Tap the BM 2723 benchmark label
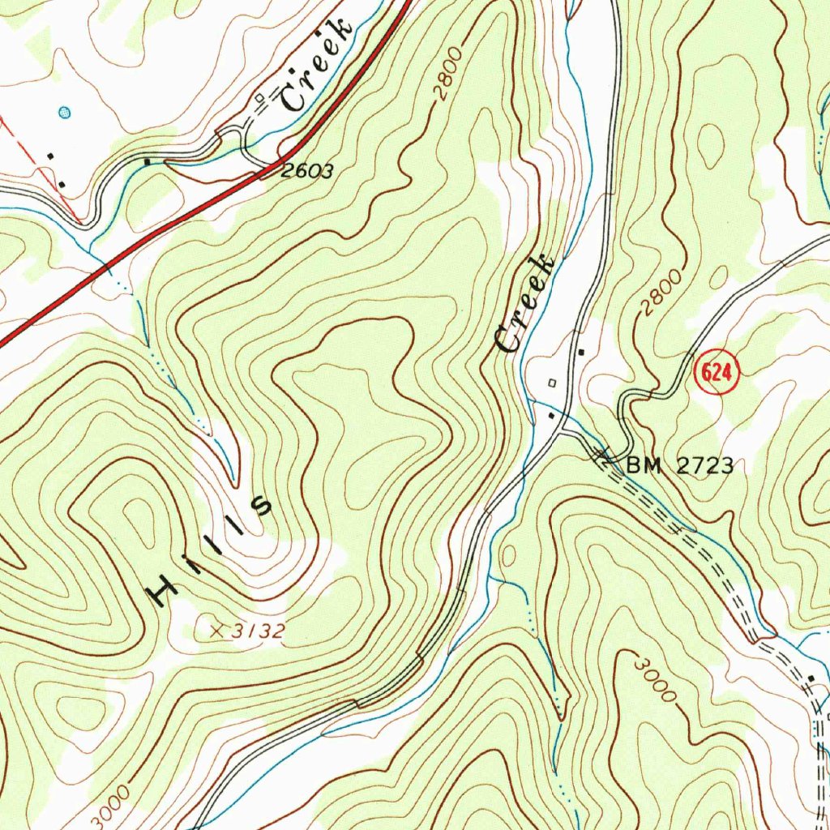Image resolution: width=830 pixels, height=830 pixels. point(680,465)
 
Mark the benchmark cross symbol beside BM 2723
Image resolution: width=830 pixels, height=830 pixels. point(604,459)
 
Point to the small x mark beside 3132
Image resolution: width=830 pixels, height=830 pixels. point(216,629)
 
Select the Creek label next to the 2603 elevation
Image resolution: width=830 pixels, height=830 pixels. point(317,65)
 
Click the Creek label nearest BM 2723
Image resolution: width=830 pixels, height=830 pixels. point(526,304)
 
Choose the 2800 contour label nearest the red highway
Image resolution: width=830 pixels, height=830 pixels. point(451,75)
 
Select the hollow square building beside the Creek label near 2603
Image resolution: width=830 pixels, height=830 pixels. point(259,98)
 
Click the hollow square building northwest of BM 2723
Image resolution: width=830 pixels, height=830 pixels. point(552,382)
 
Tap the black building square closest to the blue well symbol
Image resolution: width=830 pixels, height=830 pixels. point(51,154)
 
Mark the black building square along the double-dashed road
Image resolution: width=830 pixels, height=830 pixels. point(812,677)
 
